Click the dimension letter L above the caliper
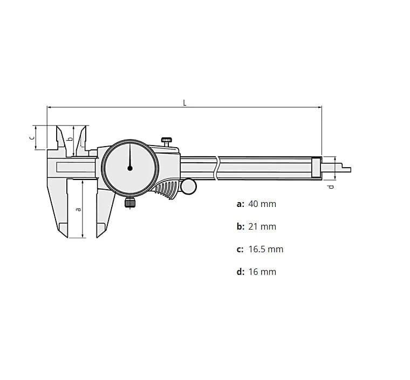point(184,102)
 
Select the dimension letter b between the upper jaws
point(69,139)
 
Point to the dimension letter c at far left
point(31,137)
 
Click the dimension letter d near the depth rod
point(331,186)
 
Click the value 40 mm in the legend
point(262,204)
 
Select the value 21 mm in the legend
point(262,226)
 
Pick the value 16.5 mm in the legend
point(265,249)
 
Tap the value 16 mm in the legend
point(262,272)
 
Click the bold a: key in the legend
point(240,204)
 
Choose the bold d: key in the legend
point(240,272)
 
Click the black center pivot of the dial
point(130,168)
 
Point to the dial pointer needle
point(130,156)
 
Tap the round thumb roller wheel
point(189,186)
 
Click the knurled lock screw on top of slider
point(167,141)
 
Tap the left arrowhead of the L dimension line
point(49,107)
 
